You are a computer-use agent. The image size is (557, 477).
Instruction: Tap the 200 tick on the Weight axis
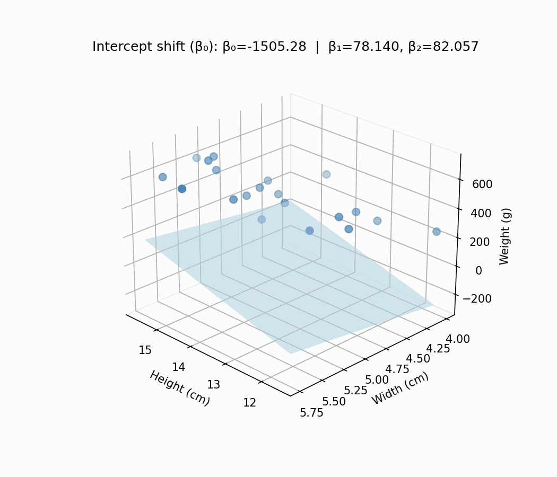coord(479,242)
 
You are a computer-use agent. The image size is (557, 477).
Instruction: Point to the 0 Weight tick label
coord(479,270)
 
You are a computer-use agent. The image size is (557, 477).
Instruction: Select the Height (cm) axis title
coord(180,388)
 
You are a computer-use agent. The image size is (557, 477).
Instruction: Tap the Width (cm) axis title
coord(400,388)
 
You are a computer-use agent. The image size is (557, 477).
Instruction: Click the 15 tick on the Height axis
coord(145,350)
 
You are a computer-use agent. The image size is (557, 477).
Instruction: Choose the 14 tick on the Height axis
coord(179,367)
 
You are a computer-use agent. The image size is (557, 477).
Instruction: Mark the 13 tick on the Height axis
coord(213,384)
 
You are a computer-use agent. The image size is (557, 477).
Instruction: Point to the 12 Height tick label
coord(249,402)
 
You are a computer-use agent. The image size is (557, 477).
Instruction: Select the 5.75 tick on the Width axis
coord(312,413)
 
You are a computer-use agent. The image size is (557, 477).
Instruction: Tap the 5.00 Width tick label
coord(377,380)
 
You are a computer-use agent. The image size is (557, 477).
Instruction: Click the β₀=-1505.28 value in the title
coord(264,47)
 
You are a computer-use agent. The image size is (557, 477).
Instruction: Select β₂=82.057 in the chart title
coord(443,47)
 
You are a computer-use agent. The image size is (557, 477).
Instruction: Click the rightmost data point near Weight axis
coord(437,232)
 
